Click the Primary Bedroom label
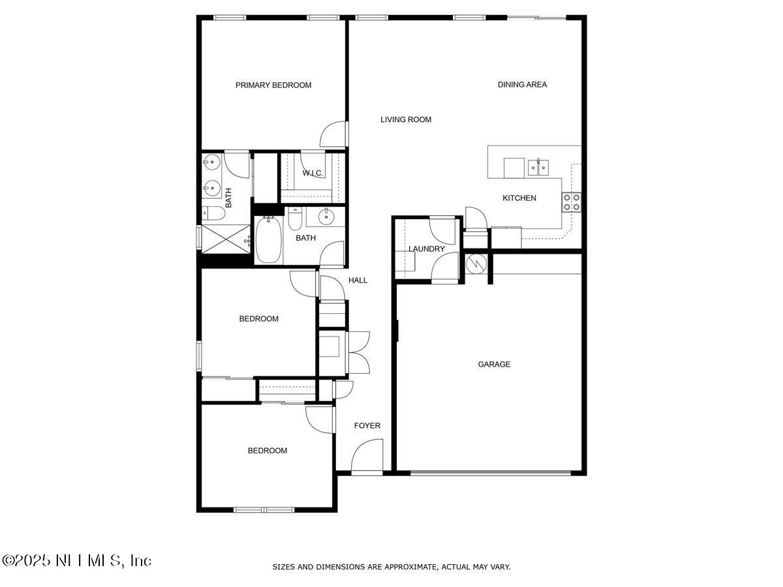(273, 85)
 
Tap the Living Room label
(406, 119)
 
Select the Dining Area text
(522, 84)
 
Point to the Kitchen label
(519, 198)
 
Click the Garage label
(494, 364)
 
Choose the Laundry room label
(427, 248)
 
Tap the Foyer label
(367, 425)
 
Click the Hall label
(358, 280)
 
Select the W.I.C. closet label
(312, 173)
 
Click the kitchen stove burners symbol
(572, 202)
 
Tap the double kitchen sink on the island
(538, 167)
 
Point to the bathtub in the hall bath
(267, 241)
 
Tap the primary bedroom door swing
(334, 134)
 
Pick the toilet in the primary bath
(210, 213)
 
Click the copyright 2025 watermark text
(76, 560)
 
